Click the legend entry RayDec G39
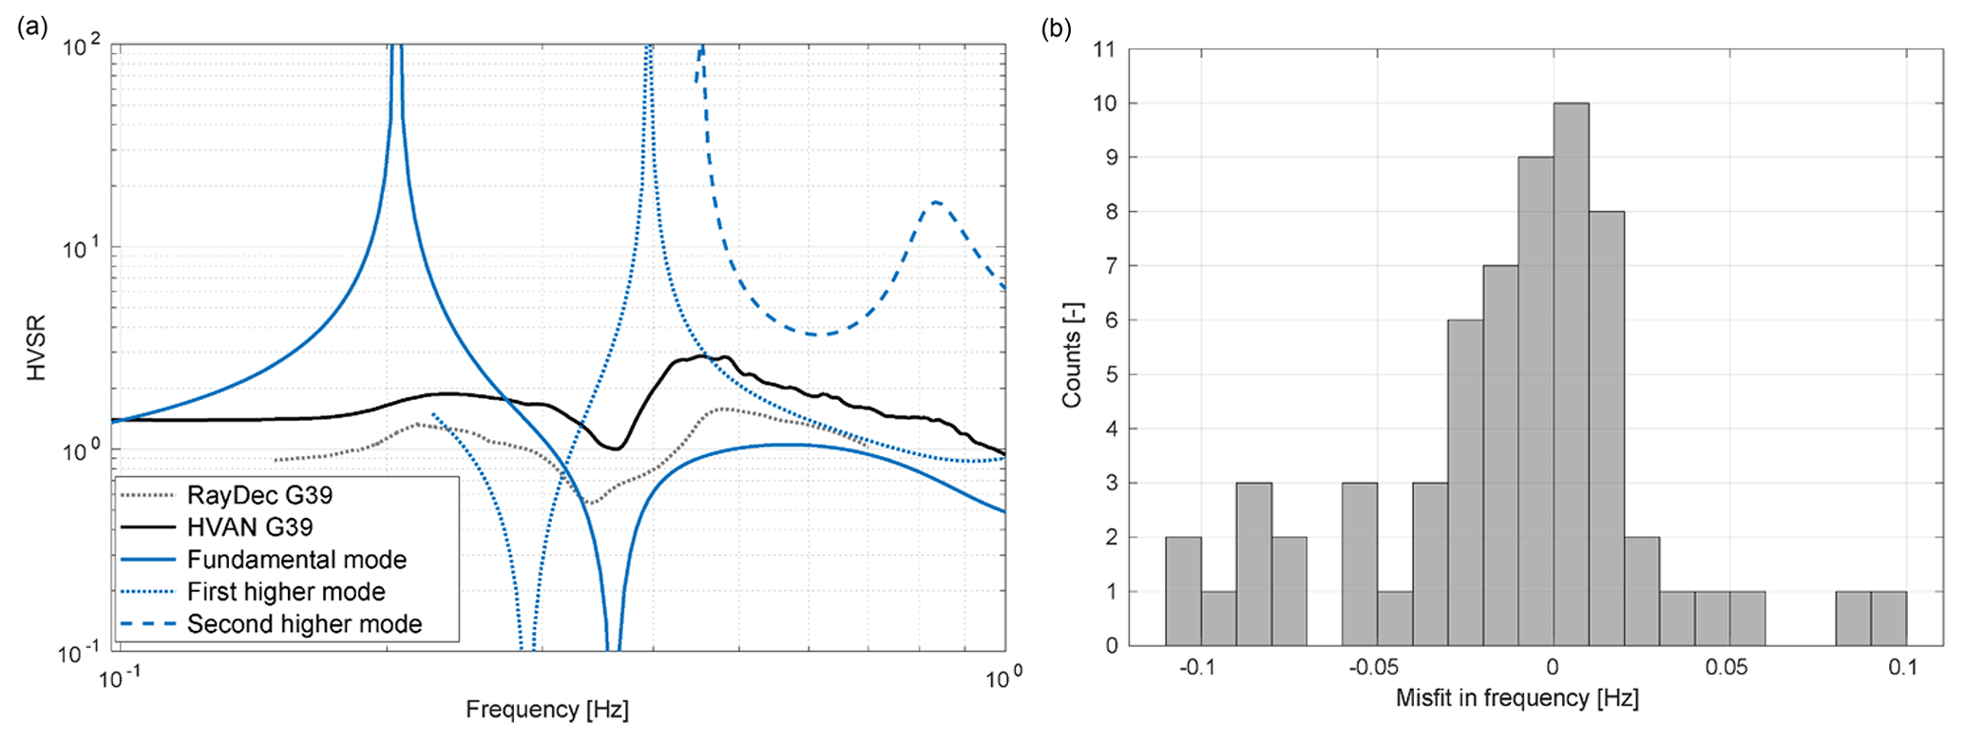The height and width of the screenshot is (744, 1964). click(x=259, y=495)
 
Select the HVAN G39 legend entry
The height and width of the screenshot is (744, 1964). click(x=250, y=527)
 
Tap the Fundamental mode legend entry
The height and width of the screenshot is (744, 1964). click(x=296, y=560)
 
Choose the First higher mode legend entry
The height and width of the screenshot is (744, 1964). click(x=286, y=592)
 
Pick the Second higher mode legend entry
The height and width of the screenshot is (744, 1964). click(x=304, y=624)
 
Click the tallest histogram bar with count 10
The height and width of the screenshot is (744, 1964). click(x=1571, y=374)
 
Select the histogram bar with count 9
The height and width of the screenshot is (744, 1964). click(x=1535, y=401)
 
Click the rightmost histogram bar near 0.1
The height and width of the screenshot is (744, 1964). click(x=1888, y=619)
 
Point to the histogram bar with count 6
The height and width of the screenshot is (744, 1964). click(x=1465, y=483)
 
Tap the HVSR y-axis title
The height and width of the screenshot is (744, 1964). click(x=37, y=349)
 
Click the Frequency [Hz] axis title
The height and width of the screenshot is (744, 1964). click(x=547, y=710)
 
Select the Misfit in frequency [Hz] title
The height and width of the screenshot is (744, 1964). click(x=1517, y=698)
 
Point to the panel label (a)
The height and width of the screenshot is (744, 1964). click(x=32, y=28)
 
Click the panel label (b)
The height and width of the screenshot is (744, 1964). click(x=1057, y=29)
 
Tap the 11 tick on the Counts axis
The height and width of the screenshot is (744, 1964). click(x=1104, y=49)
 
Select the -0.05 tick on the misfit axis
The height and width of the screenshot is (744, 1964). click(x=1373, y=668)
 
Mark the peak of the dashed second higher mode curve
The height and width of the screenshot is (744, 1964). click(x=936, y=202)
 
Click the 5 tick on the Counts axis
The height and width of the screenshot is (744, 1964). click(x=1109, y=375)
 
